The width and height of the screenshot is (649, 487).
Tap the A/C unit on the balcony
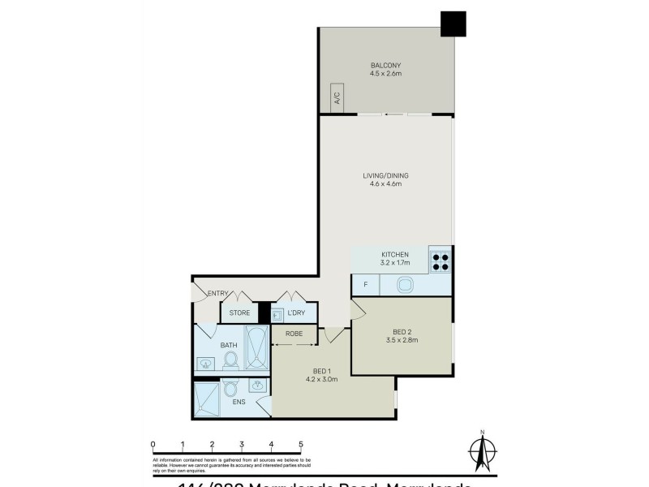336,97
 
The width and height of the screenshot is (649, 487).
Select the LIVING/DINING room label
385,175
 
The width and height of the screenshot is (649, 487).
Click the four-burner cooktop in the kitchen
440,259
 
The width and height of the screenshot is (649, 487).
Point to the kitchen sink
404,285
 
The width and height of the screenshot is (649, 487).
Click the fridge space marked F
366,285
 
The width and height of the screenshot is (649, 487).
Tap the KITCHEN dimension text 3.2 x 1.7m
385,263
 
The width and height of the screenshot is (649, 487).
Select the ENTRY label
218,293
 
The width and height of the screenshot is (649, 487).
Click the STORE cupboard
239,312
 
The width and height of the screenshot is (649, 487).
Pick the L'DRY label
296,312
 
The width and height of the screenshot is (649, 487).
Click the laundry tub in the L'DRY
277,313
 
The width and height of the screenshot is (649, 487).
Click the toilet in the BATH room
230,359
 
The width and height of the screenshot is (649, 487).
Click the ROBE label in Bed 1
294,334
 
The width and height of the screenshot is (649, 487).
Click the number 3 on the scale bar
242,445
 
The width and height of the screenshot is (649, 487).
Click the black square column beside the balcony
453,24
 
